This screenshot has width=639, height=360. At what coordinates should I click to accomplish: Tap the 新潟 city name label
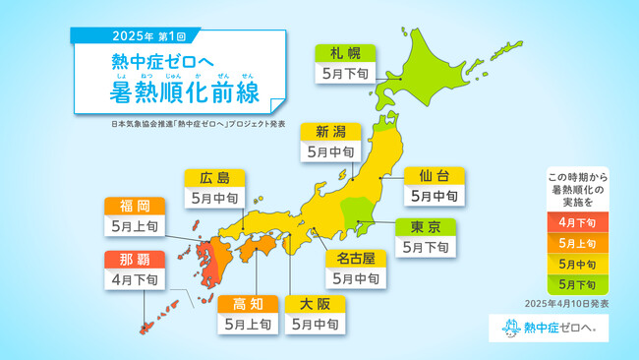click(330, 132)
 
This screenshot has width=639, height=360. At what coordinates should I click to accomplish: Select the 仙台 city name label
click(434, 175)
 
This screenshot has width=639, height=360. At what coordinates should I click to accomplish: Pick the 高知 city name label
click(248, 303)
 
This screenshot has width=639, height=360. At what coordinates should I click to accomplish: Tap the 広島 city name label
click(213, 177)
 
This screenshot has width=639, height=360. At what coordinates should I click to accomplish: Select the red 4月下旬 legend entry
click(576, 221)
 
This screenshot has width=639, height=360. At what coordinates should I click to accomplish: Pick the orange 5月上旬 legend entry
click(576, 242)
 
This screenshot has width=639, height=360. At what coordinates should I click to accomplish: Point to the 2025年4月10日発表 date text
click(568, 304)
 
